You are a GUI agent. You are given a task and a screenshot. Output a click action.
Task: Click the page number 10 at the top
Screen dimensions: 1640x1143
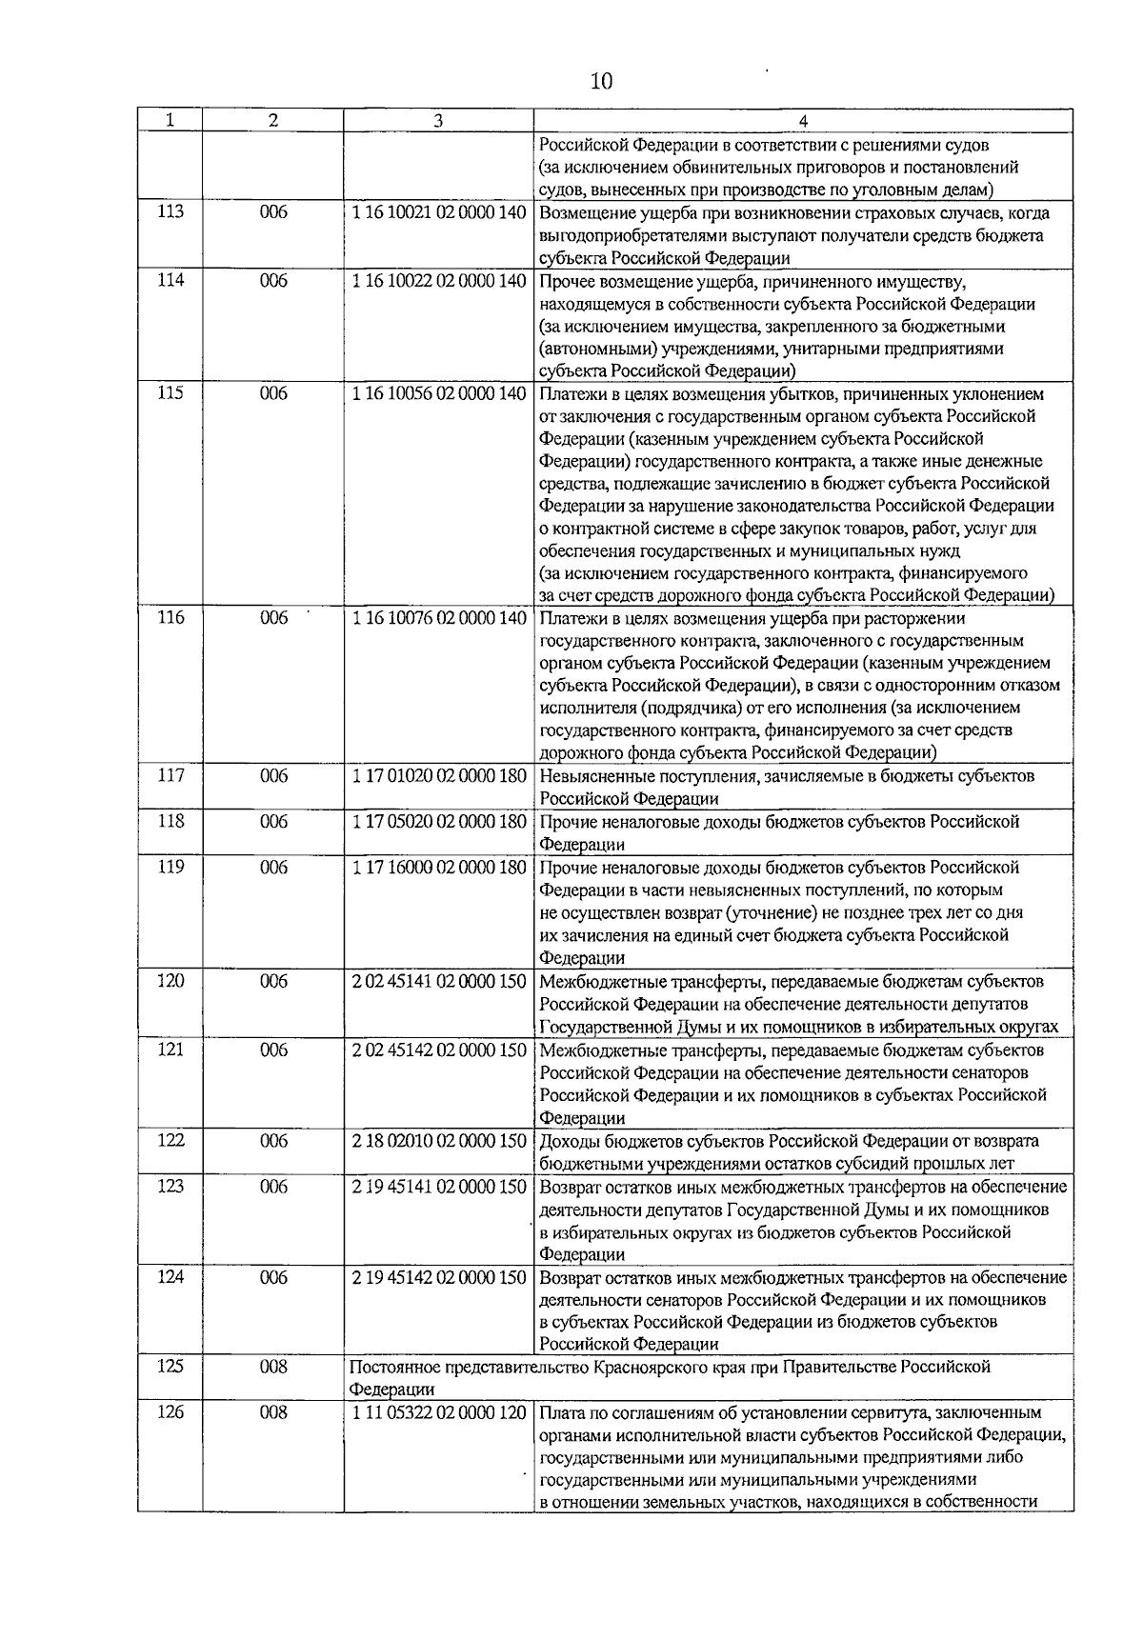(x=601, y=82)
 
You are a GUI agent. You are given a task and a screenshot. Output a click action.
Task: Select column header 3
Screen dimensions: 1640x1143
(x=437, y=121)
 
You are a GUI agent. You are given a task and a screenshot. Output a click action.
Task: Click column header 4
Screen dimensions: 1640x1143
(x=803, y=121)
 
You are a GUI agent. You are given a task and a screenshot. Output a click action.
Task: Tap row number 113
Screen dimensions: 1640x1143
(x=170, y=212)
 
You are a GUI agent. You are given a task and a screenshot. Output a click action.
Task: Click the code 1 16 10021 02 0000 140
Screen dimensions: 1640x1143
(x=438, y=212)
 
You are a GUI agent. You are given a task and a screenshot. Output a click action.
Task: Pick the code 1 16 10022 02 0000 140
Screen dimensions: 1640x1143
(x=438, y=281)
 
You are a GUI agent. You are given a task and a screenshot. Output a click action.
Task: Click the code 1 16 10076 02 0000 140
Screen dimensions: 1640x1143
(x=438, y=618)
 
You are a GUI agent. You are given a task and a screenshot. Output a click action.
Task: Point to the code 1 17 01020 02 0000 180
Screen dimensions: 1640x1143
(x=438, y=776)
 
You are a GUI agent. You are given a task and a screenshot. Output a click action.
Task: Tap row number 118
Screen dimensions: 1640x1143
(x=170, y=821)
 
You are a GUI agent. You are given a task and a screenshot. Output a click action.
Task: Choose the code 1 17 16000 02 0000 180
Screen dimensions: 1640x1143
(x=438, y=867)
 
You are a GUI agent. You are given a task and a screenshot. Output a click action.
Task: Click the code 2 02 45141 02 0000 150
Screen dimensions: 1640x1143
(x=438, y=981)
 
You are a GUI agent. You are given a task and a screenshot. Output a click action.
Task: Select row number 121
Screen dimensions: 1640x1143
(x=170, y=1050)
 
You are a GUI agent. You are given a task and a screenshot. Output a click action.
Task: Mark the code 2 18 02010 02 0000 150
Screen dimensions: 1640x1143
(x=438, y=1141)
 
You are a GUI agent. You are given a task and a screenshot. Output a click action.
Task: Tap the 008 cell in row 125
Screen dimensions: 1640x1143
(x=273, y=1367)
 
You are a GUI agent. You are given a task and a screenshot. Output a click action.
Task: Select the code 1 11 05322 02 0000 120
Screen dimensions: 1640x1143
(x=438, y=1412)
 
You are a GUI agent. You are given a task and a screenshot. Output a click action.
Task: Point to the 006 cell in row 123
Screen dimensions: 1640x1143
(x=273, y=1187)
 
